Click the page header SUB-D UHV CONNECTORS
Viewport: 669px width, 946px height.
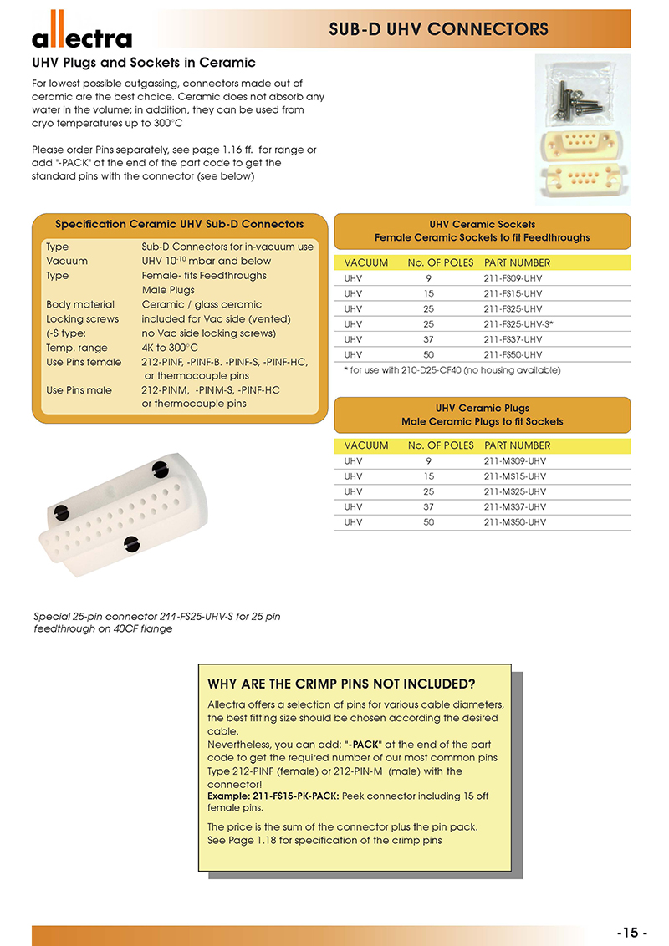click(438, 29)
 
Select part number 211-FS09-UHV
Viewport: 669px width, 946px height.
click(513, 278)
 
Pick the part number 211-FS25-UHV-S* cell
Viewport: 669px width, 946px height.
click(518, 323)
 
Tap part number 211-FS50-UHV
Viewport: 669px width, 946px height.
click(513, 354)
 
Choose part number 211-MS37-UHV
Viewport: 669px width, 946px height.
click(514, 506)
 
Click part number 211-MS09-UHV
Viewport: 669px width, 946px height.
click(514, 460)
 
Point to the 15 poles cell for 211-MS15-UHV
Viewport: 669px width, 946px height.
click(428, 476)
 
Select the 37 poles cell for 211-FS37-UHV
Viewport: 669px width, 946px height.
click(428, 339)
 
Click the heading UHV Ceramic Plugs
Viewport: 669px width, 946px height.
click(482, 409)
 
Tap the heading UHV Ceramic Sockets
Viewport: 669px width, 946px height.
click(482, 225)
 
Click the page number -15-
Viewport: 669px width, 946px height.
click(632, 933)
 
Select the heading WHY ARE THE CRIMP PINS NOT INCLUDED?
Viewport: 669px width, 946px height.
click(341, 684)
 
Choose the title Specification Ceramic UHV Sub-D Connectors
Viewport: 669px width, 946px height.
click(179, 224)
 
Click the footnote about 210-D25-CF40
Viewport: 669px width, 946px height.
click(452, 369)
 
